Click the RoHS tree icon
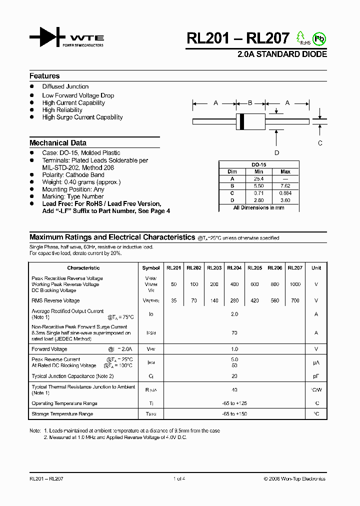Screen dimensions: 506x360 point(300,37)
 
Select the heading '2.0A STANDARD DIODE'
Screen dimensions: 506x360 point(282,54)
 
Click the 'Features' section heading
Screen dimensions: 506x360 point(44,76)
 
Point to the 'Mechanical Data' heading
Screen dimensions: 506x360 point(58,142)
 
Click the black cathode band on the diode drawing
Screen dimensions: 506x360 point(242,120)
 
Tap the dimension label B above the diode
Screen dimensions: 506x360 point(250,103)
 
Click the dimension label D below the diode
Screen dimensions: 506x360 point(276,153)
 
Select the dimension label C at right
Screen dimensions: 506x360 point(320,142)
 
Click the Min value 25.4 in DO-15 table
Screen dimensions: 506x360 point(258,178)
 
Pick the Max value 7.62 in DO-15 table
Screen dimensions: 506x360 point(285,185)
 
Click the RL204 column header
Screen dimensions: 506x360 point(234,268)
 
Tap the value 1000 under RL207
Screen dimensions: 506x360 point(295,284)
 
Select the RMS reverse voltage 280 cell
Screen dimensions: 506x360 point(234,300)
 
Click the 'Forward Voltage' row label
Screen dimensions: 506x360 point(49,349)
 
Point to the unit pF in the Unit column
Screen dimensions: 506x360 point(316,376)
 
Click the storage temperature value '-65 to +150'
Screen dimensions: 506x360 point(234,414)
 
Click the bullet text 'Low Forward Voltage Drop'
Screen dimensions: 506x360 point(78,95)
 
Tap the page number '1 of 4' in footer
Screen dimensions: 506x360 point(179,479)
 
